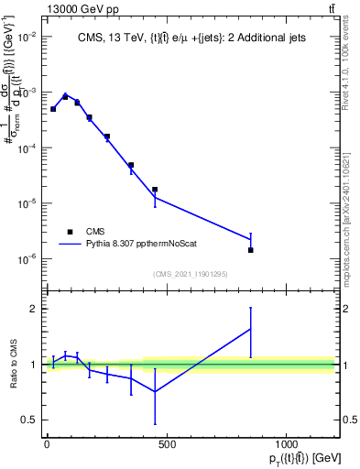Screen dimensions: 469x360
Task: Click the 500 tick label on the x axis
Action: pos(166,444)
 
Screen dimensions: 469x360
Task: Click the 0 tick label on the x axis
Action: pos(47,444)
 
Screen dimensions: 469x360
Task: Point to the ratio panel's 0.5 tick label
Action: pos(29,420)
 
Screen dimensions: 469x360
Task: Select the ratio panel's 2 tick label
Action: pos(33,309)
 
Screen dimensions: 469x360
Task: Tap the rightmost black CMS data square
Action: pos(250,249)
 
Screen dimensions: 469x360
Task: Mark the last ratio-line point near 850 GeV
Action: pos(250,330)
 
